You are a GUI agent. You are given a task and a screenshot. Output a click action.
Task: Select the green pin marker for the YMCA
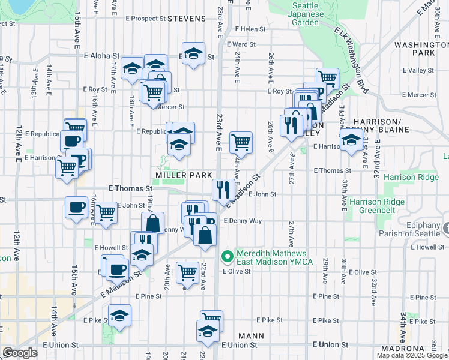tap(227, 257)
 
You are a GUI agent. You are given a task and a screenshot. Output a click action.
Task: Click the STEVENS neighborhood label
tap(187, 19)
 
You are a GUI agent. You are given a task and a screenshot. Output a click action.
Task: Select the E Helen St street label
tap(250, 29)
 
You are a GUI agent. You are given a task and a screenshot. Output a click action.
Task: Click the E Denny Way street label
tap(243, 221)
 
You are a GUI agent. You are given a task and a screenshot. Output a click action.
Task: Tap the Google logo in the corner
tap(19, 353)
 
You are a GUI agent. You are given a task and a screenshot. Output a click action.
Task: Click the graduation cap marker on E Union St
tap(207, 331)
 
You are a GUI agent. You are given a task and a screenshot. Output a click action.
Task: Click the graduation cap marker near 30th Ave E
tap(351, 140)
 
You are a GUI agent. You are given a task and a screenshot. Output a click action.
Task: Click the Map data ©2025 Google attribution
tap(412, 355)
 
